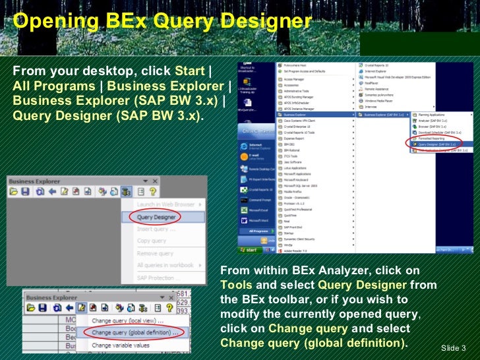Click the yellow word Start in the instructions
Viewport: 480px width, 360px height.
click(x=189, y=71)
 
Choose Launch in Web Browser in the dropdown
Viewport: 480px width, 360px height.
click(x=165, y=205)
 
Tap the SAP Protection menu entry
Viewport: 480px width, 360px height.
click(x=159, y=278)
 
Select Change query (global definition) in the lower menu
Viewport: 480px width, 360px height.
click(x=135, y=332)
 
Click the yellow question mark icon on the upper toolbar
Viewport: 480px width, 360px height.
click(x=153, y=191)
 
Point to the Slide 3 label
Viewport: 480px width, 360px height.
click(x=454, y=347)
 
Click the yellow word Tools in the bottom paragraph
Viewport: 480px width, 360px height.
click(x=236, y=285)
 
